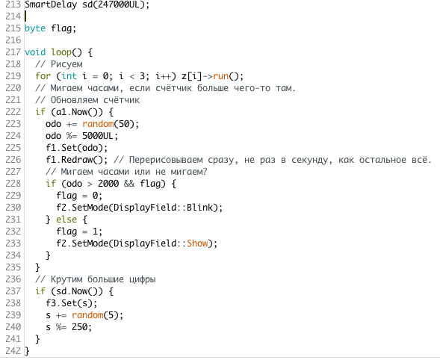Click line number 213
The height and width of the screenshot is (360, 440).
coord(13,4)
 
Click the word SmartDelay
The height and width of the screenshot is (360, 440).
coord(51,4)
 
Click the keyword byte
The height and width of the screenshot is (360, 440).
coord(35,28)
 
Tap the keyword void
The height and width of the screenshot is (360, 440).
coord(35,52)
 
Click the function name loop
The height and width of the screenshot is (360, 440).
coord(61,52)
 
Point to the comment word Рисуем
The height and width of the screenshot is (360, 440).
coord(66,64)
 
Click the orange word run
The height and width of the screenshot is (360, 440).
coord(221,76)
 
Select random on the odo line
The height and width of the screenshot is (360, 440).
coord(98,124)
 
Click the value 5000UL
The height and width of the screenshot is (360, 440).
coord(98,136)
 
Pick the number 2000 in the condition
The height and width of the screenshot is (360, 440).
coord(108,184)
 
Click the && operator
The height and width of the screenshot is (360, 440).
coord(129,184)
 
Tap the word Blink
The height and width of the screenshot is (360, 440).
coord(199,208)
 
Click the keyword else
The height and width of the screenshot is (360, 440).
coord(66,220)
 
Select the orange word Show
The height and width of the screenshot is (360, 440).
coord(197,243)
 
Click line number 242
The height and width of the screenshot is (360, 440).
coord(13,351)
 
